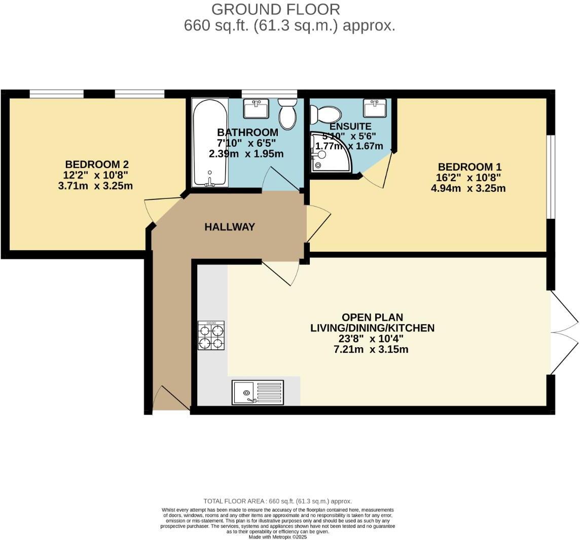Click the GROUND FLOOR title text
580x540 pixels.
[x=275, y=9]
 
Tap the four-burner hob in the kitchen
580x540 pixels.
[x=211, y=335]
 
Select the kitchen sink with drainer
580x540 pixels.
[x=258, y=392]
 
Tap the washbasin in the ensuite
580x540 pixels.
[x=375, y=108]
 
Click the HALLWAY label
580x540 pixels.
[x=230, y=227]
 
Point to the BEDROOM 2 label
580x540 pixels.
[x=96, y=164]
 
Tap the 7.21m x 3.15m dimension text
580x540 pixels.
[x=370, y=349]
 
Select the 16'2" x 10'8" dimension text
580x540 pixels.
[x=468, y=178]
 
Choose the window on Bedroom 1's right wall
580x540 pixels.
[x=550, y=177]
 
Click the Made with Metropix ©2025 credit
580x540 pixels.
[x=278, y=536]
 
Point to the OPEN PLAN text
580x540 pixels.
[x=372, y=317]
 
